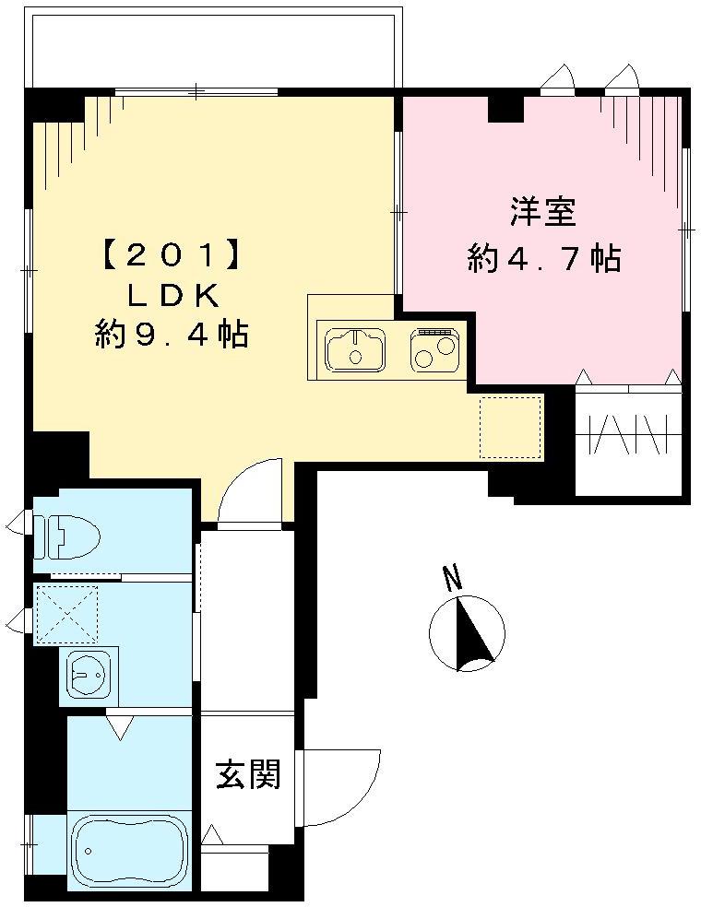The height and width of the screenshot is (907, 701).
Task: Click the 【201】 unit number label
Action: point(172,254)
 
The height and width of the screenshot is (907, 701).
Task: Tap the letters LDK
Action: point(172,295)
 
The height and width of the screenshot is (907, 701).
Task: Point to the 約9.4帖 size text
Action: point(172,335)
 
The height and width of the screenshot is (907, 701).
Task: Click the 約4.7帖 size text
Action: point(544,260)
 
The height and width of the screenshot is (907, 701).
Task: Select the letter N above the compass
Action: point(451,579)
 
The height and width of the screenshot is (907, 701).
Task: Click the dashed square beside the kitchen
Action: point(510,426)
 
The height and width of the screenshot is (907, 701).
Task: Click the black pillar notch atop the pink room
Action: point(505,108)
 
